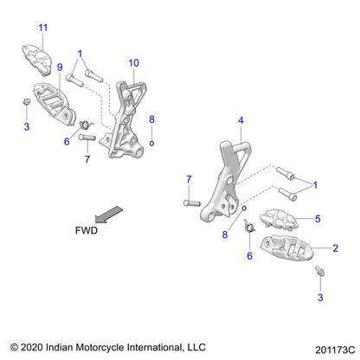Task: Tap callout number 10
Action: click(x=134, y=62)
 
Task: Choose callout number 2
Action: click(x=334, y=248)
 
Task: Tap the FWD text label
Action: click(x=87, y=231)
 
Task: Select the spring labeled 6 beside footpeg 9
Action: click(x=86, y=129)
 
